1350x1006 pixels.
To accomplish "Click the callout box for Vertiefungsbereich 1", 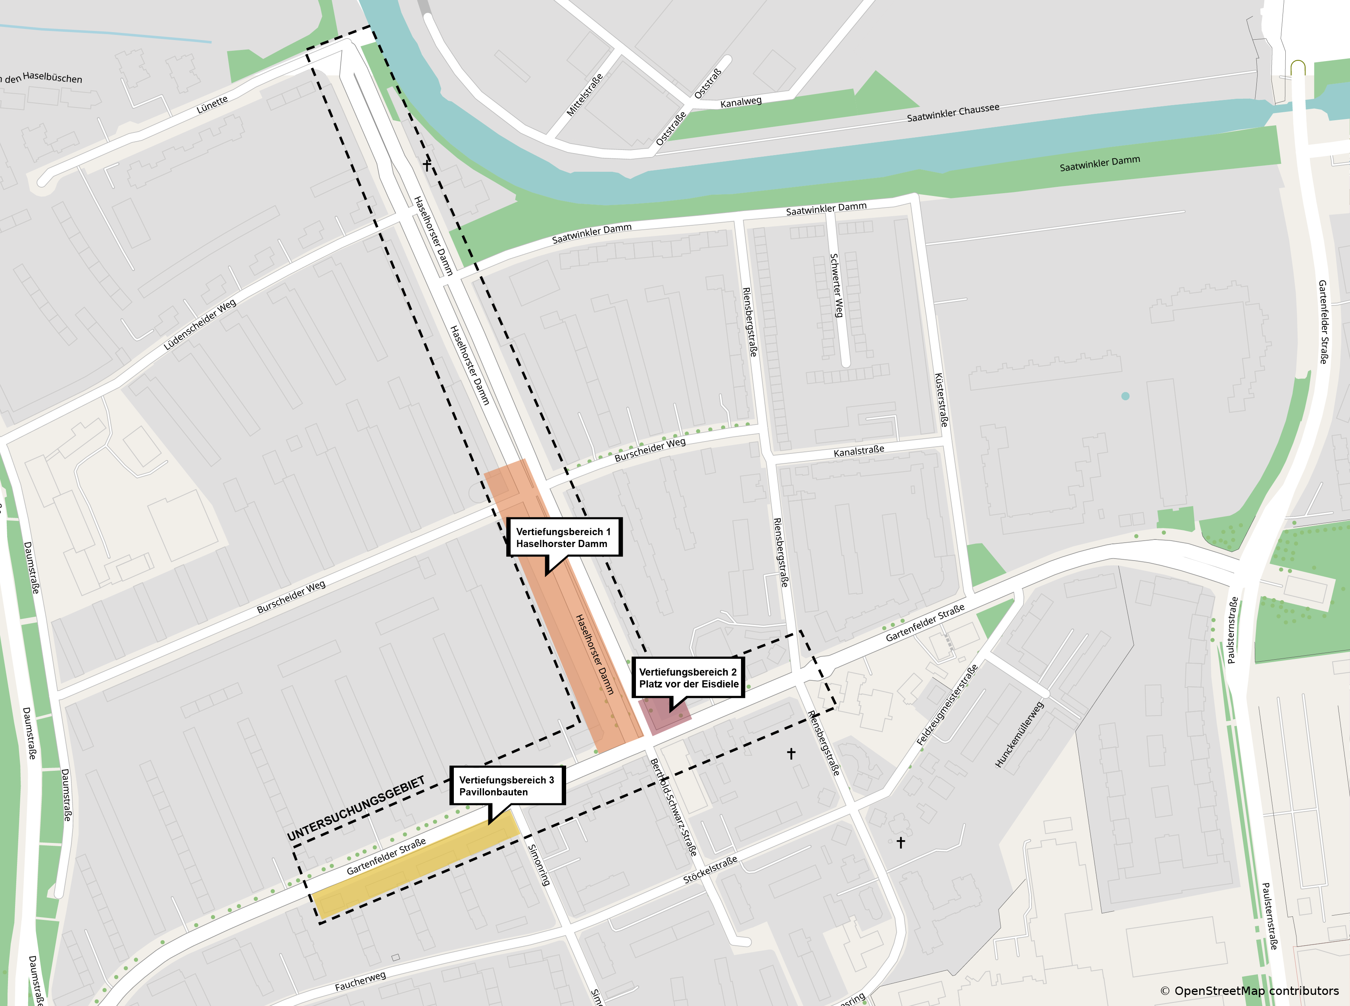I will [x=564, y=537].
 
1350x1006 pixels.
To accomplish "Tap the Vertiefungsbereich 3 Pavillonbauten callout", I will [x=507, y=785].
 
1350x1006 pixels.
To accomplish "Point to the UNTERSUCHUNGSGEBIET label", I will [x=356, y=810].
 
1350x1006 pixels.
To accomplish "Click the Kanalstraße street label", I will [x=858, y=451].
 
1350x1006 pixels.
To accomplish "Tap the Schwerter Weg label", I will [x=837, y=285].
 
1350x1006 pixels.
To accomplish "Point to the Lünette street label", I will [x=212, y=105].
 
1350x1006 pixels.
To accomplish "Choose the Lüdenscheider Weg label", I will [x=200, y=324].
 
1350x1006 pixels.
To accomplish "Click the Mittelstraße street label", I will [x=585, y=94].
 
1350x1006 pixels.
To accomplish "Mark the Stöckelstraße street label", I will [x=710, y=870].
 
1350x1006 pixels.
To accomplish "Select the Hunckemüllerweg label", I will [x=1020, y=734].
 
